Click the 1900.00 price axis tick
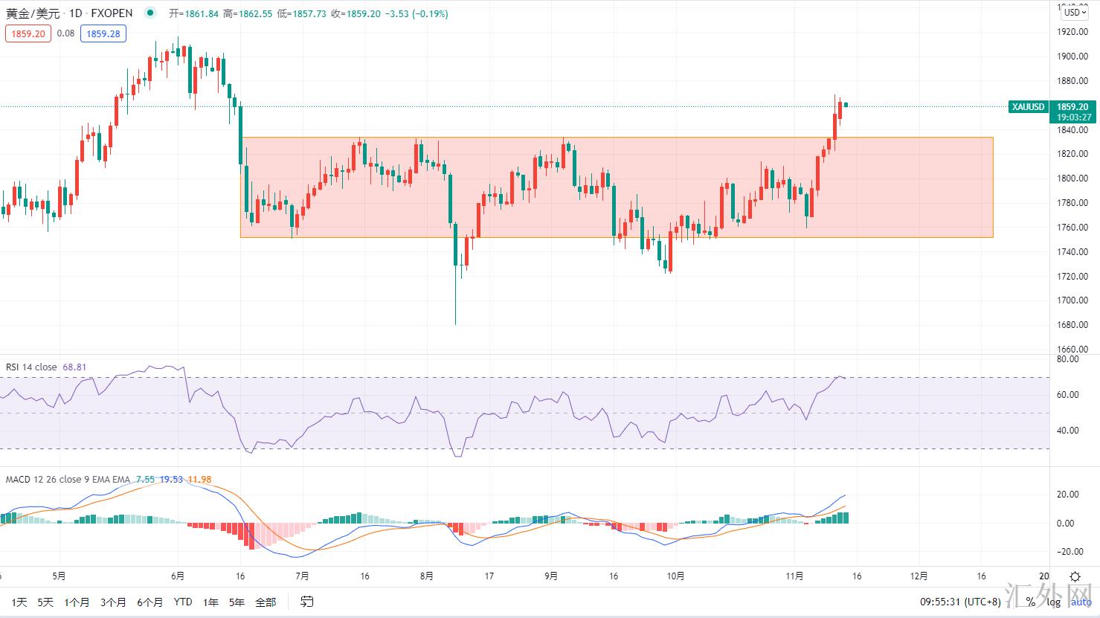coord(1073,57)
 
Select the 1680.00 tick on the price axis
coord(1073,325)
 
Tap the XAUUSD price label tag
coord(1029,107)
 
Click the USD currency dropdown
coord(1075,13)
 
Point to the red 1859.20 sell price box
coord(28,33)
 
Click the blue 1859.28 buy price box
coord(103,33)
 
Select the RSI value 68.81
coord(74,367)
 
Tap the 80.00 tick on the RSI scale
coord(1068,359)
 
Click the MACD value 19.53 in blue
coord(171,480)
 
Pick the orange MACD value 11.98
coord(199,480)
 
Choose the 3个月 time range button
coord(113,602)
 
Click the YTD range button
coord(182,602)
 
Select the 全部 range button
coord(265,602)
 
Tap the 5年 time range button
coord(237,602)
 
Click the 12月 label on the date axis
coord(919,576)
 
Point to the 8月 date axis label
coord(426,576)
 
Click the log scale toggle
coord(1055,602)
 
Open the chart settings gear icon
coord(1075,576)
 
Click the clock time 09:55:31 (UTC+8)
coord(960,602)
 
